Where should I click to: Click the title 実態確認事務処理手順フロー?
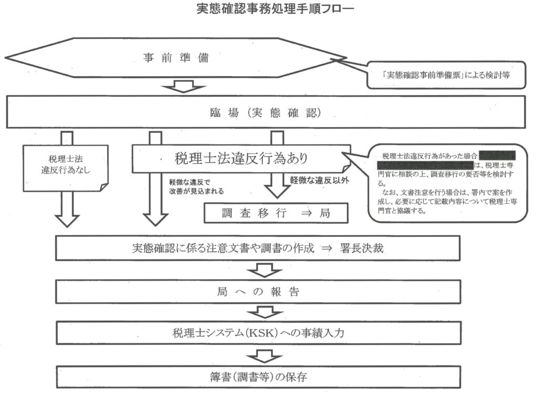point(267,9)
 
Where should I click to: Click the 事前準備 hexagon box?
point(176,58)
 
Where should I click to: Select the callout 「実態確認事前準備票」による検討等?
point(445,75)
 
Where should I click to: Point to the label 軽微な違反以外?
point(319,180)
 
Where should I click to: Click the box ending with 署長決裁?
point(257,248)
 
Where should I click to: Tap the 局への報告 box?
point(257,292)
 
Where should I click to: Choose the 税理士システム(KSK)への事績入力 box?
point(257,333)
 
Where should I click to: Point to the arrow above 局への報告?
point(257,270)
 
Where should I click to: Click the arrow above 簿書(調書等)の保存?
point(257,355)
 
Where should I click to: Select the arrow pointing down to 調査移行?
point(276,184)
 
